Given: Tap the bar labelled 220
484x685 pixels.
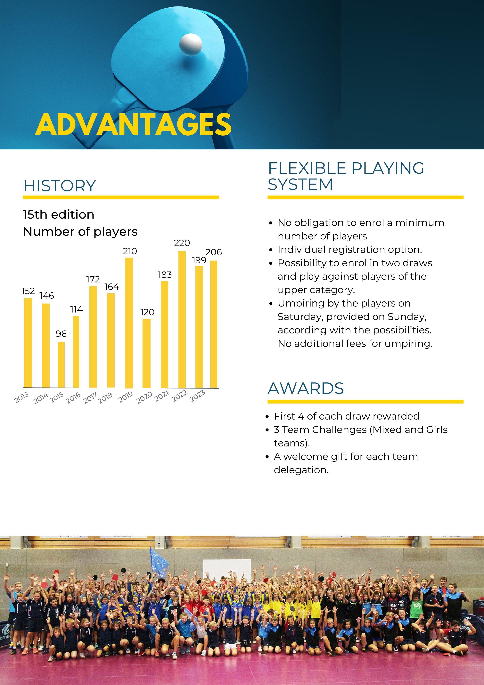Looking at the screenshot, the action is point(182,320).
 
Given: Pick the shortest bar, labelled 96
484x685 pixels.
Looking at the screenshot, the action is point(61,365).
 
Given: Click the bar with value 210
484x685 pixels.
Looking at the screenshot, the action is point(129,323).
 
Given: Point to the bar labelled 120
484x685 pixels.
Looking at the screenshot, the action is point(146,353).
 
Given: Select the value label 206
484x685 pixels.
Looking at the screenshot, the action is point(214,252).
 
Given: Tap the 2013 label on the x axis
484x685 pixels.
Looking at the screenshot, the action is point(21,397).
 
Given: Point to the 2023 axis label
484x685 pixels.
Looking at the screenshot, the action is point(197,396).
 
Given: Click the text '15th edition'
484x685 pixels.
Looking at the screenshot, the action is point(59,214).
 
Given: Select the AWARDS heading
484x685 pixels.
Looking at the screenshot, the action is point(306,388).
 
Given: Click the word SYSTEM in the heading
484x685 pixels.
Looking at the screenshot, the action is point(300,184).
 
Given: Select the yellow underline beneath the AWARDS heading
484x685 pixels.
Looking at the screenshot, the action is point(366,402).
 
